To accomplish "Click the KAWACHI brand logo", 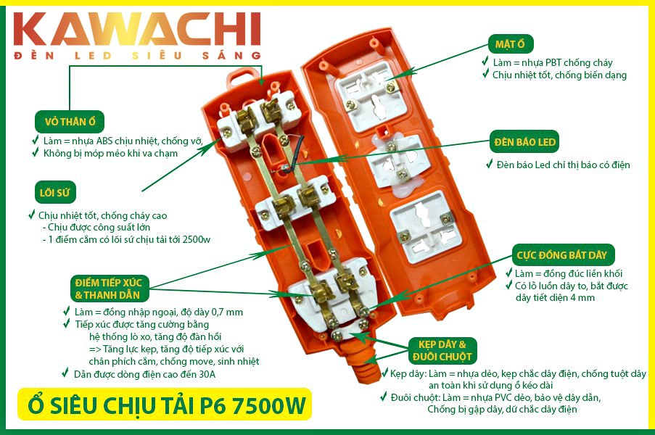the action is pyautogui.click(x=137, y=29).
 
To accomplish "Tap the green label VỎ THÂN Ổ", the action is pyautogui.click(x=70, y=122).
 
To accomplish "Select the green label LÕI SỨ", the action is pyautogui.click(x=54, y=192).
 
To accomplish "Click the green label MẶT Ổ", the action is pyautogui.click(x=511, y=44).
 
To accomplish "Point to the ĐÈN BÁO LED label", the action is pyautogui.click(x=524, y=142).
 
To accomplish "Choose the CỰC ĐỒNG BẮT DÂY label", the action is pyautogui.click(x=563, y=255).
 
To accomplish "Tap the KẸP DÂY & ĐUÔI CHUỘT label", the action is pyautogui.click(x=442, y=351).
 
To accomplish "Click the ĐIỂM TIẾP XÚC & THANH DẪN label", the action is pyautogui.click(x=110, y=289).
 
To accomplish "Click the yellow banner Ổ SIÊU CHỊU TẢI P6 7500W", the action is pyautogui.click(x=165, y=405).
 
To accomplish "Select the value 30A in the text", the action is pyautogui.click(x=207, y=375).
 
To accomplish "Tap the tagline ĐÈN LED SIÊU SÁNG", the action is pyautogui.click(x=137, y=56).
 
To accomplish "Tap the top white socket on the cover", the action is pyautogui.click(x=371, y=96).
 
